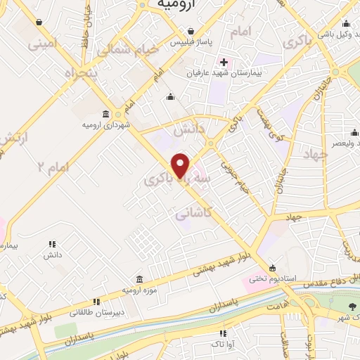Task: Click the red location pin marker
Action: coord(181,165)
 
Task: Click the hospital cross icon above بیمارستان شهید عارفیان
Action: coord(224,62)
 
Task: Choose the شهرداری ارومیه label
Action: coord(105,125)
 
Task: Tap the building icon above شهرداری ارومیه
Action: coord(105,115)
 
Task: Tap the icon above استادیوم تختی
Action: coord(273,266)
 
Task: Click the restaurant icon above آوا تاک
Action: coord(224,333)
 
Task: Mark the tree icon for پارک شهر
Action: coord(351,306)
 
